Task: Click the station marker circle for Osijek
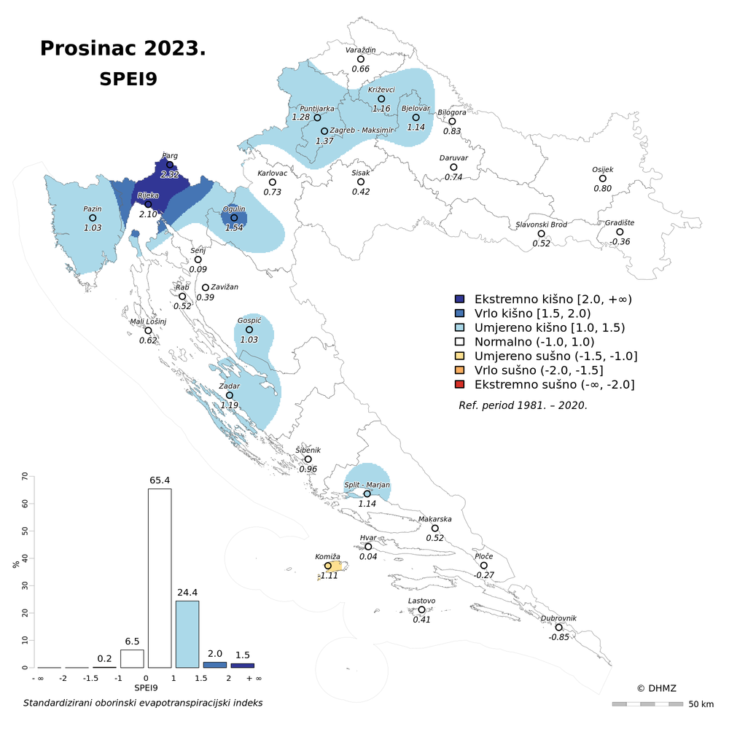[603, 179]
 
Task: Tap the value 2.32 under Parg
[169, 175]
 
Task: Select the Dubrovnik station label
[558, 618]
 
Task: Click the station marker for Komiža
[328, 566]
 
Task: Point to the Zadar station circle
[230, 395]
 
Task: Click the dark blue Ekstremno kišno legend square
[459, 299]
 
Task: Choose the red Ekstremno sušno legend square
[459, 384]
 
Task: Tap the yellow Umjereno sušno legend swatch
[459, 356]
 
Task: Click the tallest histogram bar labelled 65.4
[160, 577]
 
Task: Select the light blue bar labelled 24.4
[187, 634]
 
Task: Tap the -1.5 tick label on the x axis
[90, 678]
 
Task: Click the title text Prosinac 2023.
[122, 48]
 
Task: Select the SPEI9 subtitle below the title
[128, 79]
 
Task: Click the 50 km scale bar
[647, 704]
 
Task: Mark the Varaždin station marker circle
[360, 59]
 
